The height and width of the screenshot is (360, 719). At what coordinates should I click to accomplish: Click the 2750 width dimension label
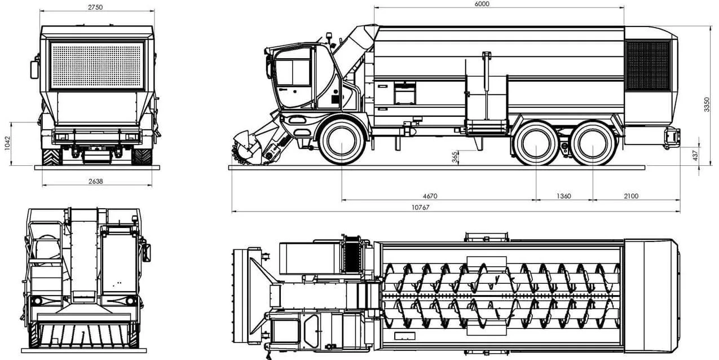95,7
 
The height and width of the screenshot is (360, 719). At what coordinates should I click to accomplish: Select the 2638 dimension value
96,182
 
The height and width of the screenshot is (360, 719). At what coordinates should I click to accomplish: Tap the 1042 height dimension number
8,143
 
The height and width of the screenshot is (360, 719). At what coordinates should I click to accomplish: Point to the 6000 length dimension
482,4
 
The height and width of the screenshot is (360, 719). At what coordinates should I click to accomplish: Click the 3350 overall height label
707,104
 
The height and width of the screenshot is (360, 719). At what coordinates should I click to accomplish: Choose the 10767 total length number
421,208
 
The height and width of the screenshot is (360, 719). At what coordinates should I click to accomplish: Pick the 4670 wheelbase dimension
430,196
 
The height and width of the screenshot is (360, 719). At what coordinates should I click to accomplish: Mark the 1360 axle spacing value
564,196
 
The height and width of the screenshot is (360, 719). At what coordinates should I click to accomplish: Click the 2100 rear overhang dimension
631,196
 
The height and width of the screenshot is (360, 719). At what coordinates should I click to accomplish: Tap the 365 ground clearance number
455,157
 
